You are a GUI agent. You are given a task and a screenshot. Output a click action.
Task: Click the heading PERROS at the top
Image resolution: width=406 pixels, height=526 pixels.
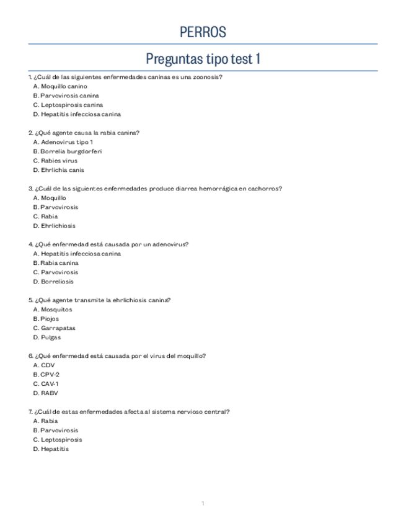[203, 32]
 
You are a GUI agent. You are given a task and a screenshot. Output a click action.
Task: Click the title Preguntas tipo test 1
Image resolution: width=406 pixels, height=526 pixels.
[203, 59]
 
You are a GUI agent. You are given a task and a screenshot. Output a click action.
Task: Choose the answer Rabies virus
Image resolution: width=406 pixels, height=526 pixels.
[59, 161]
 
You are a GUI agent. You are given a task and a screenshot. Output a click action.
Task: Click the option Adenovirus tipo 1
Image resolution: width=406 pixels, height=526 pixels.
[66, 142]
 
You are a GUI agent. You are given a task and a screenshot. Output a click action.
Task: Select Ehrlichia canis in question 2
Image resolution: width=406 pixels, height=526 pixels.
[63, 170]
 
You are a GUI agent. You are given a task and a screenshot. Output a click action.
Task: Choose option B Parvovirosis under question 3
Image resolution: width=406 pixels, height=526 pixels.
[60, 207]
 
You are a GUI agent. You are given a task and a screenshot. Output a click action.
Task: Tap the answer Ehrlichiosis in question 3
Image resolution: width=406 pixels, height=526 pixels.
[58, 226]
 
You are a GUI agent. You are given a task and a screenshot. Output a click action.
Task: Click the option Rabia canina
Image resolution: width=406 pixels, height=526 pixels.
[60, 263]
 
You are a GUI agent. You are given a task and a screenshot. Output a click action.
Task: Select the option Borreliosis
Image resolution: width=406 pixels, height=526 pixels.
[57, 282]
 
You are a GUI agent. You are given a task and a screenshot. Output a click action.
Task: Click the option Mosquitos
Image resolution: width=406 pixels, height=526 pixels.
[56, 310]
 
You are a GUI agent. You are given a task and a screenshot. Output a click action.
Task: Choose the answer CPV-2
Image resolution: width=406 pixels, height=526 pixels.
[50, 375]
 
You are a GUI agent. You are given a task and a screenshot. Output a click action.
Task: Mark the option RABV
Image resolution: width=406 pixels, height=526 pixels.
[50, 393]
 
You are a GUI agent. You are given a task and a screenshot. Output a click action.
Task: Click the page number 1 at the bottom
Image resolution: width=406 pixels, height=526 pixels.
[203, 503]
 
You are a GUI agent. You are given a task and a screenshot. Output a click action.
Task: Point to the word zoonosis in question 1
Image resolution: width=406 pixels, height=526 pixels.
[206, 77]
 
